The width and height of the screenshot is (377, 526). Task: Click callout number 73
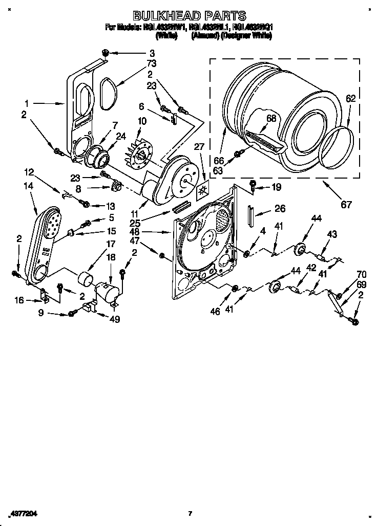point(151,63)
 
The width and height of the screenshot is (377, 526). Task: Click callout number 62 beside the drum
point(350,99)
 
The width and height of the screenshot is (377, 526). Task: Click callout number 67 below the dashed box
point(346,205)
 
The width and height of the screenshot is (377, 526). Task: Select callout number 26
point(280,208)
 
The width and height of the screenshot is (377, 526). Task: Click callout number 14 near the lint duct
point(28,187)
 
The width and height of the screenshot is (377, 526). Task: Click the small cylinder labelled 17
point(85,280)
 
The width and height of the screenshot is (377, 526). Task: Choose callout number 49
point(114,319)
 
